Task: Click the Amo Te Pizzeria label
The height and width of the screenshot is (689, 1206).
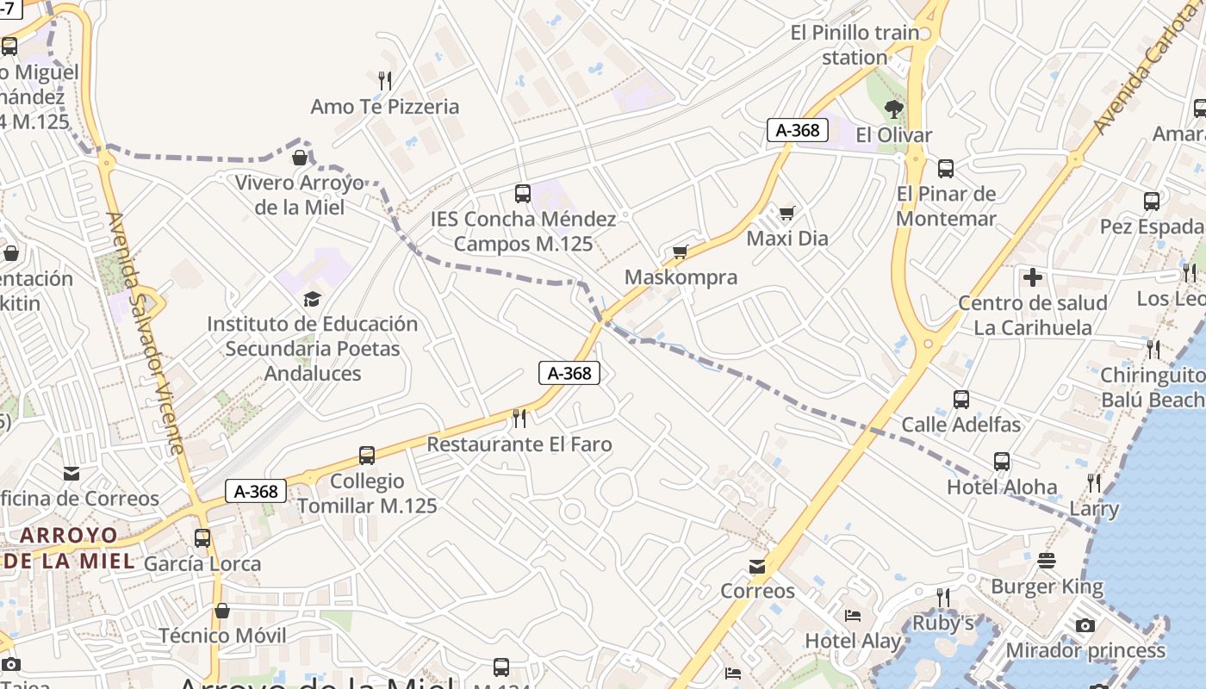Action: [384, 107]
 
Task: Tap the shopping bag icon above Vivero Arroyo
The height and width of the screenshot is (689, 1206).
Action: [300, 158]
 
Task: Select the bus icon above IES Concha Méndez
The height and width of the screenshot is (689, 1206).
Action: [522, 194]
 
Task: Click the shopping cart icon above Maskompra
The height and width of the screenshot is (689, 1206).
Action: [681, 251]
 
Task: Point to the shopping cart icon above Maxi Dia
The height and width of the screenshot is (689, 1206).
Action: [786, 213]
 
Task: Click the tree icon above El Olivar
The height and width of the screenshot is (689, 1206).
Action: [894, 109]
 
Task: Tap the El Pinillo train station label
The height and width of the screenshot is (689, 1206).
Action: [855, 46]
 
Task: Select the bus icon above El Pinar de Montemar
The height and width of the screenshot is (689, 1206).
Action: [946, 169]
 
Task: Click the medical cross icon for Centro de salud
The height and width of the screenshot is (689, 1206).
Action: [1032, 277]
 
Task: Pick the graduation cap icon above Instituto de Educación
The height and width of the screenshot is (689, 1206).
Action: [312, 299]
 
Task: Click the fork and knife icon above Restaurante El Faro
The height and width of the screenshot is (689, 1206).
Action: [519, 419]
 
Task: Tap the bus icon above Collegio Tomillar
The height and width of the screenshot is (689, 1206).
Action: [367, 456]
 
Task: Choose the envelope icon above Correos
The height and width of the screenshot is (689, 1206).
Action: [757, 566]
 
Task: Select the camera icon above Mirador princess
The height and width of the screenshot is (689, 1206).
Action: [1085, 625]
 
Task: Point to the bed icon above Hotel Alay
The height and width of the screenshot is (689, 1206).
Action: [852, 616]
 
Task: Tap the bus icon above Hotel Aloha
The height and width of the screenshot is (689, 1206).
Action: [1002, 462]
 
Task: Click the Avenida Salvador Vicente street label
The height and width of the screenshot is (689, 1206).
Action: [145, 332]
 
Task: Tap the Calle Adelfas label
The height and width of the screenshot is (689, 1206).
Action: [960, 425]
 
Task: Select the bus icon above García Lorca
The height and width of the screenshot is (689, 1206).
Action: [202, 538]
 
